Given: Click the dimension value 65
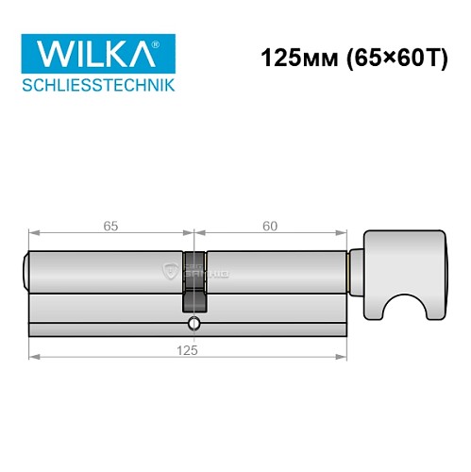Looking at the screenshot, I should click(x=110, y=226).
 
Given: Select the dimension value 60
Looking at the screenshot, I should click(x=270, y=226).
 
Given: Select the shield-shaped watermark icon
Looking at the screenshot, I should click(x=172, y=272).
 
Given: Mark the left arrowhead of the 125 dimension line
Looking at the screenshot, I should click(x=34, y=357).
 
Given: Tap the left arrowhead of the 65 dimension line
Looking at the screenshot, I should click(x=34, y=233).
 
